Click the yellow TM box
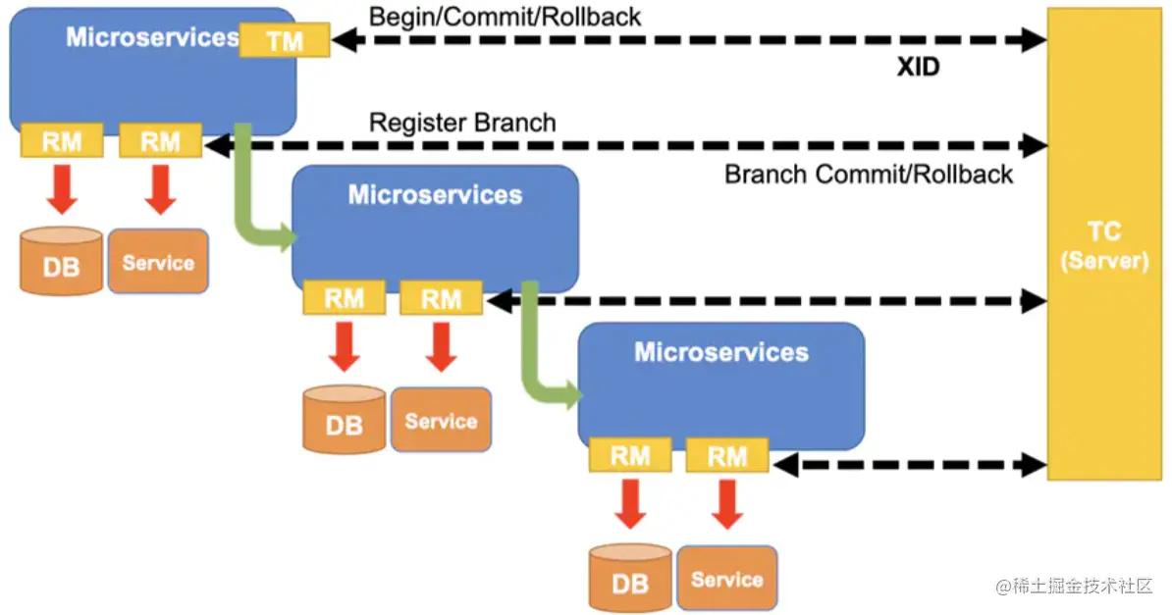tap(284, 40)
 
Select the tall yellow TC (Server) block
tap(1104, 245)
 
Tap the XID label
tap(918, 68)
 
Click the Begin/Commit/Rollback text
tap(505, 16)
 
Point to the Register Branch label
tap(462, 123)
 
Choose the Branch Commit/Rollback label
tap(869, 175)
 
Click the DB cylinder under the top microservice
tap(61, 262)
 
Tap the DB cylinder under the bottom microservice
tap(630, 578)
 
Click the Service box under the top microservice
tap(158, 262)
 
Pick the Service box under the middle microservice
tap(441, 420)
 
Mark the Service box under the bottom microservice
tap(727, 578)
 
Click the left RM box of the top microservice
tap(62, 141)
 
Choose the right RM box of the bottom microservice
tap(727, 455)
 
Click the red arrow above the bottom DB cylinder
tap(630, 502)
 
